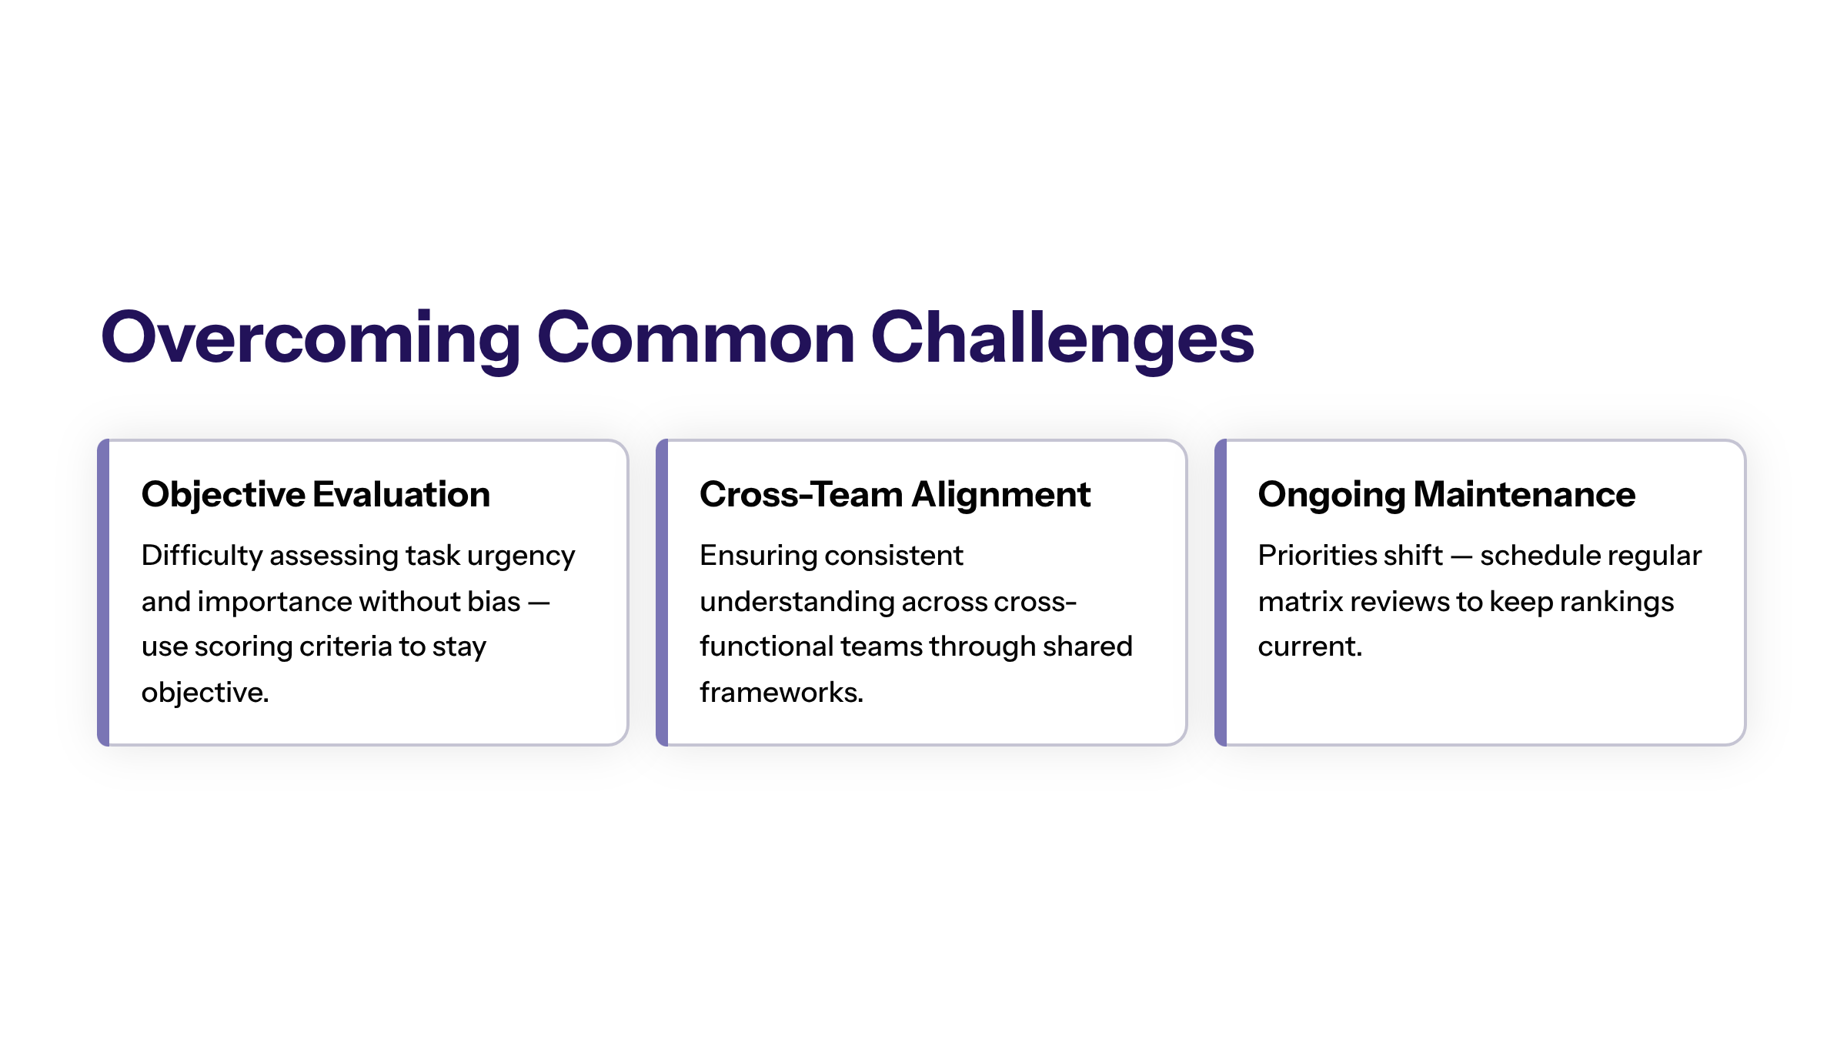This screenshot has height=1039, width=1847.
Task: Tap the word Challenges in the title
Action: click(x=1062, y=339)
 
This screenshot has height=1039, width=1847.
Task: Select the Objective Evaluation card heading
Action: click(x=316, y=495)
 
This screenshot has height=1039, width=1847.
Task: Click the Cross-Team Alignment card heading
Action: click(x=895, y=495)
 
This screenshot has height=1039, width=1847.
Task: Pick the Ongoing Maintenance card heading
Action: click(x=1447, y=495)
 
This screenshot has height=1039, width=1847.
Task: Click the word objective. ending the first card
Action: click(x=205, y=693)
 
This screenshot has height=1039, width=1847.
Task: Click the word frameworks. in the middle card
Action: click(x=781, y=693)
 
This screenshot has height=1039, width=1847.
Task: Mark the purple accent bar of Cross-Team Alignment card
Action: click(x=662, y=593)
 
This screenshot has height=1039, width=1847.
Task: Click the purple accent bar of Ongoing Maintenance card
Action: click(x=1221, y=593)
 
